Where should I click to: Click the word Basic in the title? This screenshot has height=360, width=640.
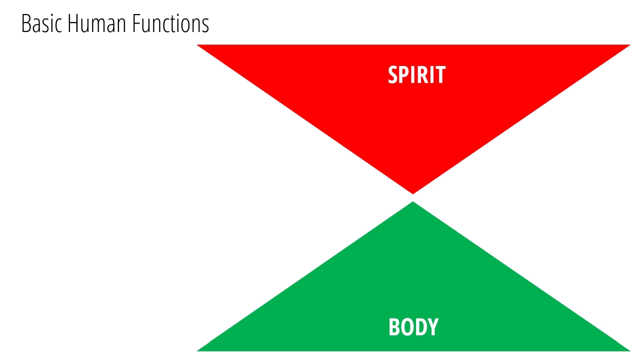pyautogui.click(x=41, y=23)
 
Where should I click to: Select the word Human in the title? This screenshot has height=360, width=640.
pyautogui.click(x=97, y=23)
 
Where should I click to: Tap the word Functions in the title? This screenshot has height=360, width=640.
pyautogui.click(x=170, y=23)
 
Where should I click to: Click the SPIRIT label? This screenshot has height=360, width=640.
pyautogui.click(x=416, y=75)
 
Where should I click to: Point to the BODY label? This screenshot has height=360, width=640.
pyautogui.click(x=413, y=327)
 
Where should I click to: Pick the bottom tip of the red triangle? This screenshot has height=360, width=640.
pyautogui.click(x=413, y=194)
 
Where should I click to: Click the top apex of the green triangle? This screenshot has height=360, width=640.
pyautogui.click(x=413, y=201)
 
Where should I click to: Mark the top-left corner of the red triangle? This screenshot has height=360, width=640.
pyautogui.click(x=197, y=45)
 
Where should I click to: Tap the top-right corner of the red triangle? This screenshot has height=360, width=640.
pyautogui.click(x=630, y=45)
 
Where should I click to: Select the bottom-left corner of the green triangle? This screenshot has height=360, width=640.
pyautogui.click(x=197, y=351)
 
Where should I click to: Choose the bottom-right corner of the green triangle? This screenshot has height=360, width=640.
pyautogui.click(x=630, y=351)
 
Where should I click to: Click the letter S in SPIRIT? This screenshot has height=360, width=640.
pyautogui.click(x=393, y=75)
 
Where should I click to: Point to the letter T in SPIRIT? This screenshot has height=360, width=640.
pyautogui.click(x=440, y=75)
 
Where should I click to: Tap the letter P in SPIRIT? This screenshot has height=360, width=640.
pyautogui.click(x=405, y=75)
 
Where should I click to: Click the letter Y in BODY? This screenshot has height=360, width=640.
pyautogui.click(x=433, y=327)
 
